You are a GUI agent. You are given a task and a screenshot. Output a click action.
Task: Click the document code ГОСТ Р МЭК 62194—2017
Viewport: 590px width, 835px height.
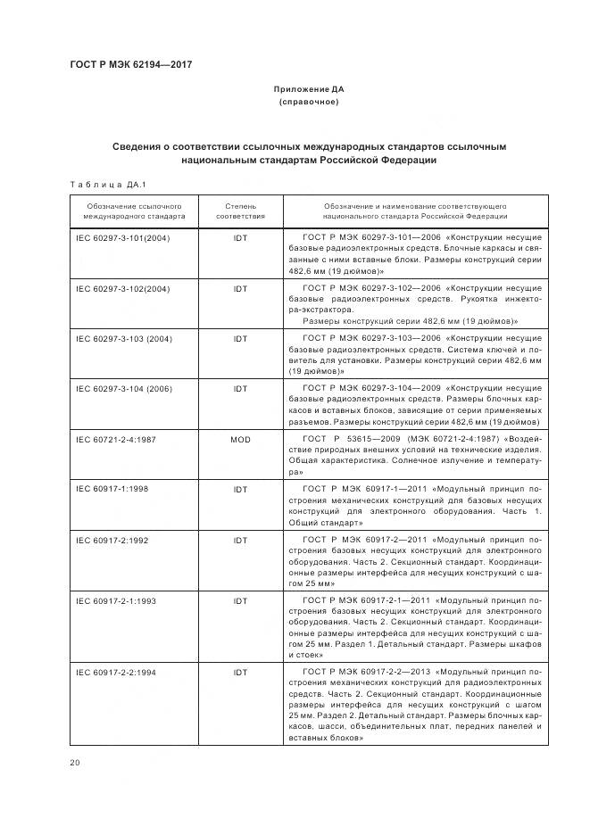coord(130,64)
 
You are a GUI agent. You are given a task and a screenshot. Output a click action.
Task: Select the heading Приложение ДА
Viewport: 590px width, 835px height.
coord(308,89)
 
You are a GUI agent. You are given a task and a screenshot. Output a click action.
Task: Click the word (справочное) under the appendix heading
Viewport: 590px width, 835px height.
coord(308,102)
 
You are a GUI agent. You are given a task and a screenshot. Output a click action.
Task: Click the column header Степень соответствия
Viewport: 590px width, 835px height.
coord(240,211)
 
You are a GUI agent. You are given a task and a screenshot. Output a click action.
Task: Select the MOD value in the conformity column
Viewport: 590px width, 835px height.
coord(240,439)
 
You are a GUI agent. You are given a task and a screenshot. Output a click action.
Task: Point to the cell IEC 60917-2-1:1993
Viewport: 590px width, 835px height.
coord(116,601)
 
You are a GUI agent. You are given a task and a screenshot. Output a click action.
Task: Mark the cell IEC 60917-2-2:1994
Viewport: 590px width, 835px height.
coord(116,672)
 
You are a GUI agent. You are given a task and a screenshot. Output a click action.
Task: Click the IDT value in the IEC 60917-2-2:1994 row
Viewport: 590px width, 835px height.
coord(240,672)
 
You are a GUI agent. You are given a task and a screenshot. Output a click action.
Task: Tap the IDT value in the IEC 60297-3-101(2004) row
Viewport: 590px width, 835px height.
coord(240,238)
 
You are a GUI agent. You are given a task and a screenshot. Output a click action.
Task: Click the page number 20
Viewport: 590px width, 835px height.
coord(75,762)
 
